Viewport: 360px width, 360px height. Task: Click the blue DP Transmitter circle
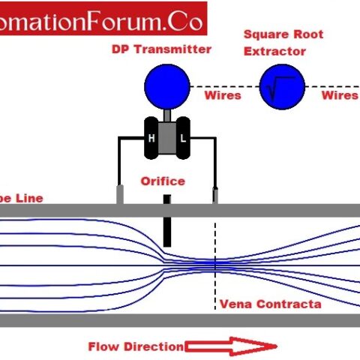(166, 86)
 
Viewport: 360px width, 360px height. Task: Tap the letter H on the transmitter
(152, 138)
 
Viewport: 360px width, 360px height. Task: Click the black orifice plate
(167, 221)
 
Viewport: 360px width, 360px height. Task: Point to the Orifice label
(163, 181)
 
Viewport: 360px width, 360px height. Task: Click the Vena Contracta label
(270, 304)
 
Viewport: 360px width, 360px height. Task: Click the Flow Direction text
(135, 346)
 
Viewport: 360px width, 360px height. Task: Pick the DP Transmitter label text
(162, 49)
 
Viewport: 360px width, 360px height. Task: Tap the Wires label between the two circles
(223, 95)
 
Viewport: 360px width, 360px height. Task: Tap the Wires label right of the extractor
(340, 95)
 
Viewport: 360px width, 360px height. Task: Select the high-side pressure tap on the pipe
(119, 194)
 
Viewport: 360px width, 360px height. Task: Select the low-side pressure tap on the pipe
(216, 195)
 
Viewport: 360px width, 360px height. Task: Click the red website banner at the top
(101, 21)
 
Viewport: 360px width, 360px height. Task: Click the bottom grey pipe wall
(180, 320)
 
